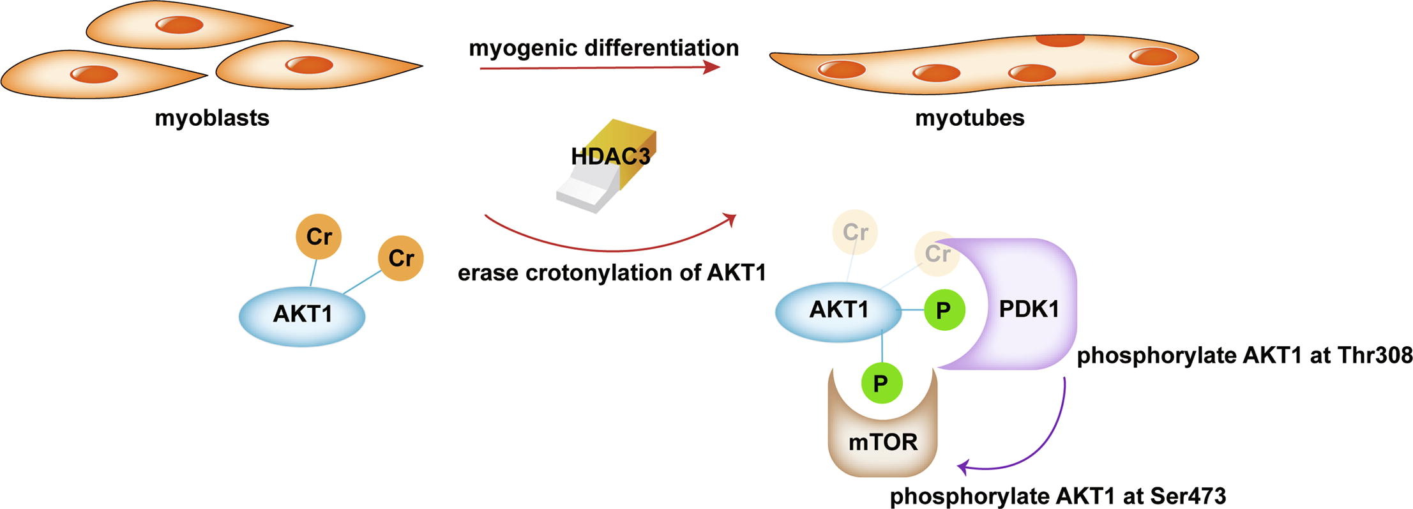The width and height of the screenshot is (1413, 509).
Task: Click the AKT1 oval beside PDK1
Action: [x=838, y=310]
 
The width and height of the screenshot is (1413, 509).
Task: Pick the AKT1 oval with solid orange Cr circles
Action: [x=302, y=315]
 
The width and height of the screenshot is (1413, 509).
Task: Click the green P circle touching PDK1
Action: [x=943, y=310]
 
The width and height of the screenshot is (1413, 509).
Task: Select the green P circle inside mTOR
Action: [x=881, y=383]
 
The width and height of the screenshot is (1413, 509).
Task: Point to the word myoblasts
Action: [x=212, y=118]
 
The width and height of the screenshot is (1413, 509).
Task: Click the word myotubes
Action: [x=969, y=118]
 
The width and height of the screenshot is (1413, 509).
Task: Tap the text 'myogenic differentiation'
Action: [x=603, y=48]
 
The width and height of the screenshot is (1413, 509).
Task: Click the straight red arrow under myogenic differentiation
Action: [x=600, y=67]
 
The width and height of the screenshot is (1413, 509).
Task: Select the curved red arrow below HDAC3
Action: [x=607, y=246]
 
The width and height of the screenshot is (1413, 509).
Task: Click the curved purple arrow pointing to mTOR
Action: [x=1047, y=447]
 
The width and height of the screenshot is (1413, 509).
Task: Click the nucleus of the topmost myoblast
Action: [x=181, y=25]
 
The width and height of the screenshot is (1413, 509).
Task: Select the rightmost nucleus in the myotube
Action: [x=1152, y=56]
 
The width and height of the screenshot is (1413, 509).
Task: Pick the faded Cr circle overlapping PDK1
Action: [x=937, y=254]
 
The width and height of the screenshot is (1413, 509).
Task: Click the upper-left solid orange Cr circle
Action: [x=318, y=236]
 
